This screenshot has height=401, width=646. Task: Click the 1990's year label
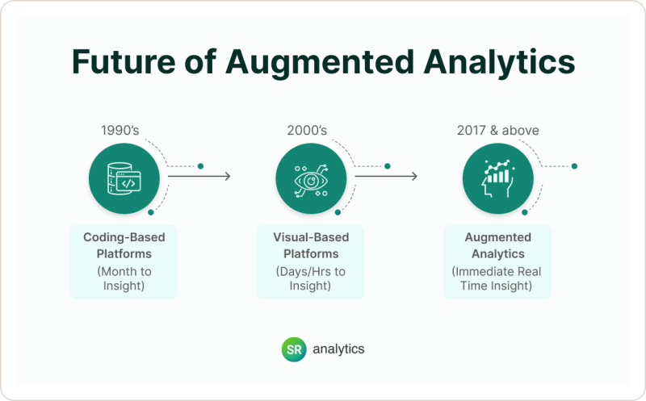[x=124, y=131]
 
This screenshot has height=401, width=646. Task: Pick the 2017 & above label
[x=497, y=131]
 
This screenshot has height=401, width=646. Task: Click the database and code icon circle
[x=124, y=179]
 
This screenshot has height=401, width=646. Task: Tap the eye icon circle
[x=311, y=179]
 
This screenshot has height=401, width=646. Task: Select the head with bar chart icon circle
[x=497, y=179]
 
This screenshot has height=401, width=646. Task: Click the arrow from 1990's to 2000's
[x=199, y=176]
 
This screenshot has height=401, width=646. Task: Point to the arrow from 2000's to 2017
[x=386, y=176]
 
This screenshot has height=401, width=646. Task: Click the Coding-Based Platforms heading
[x=124, y=244]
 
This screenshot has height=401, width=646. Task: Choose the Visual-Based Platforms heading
[x=311, y=244]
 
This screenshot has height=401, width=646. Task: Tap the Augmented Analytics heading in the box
[x=497, y=244]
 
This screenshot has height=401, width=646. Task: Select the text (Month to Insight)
[x=124, y=278]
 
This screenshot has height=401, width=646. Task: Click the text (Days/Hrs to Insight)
[x=311, y=278]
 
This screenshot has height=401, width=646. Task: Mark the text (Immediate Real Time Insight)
[x=497, y=278]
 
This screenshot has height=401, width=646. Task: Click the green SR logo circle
[x=292, y=349]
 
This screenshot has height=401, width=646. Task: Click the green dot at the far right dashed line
[x=574, y=166]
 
